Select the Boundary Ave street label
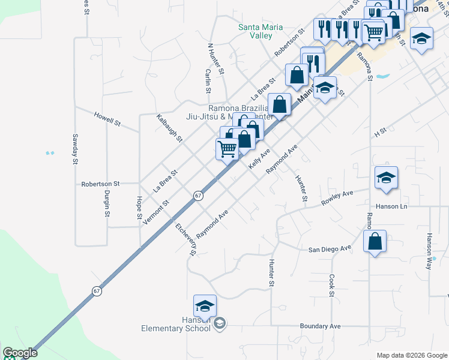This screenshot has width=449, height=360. coord(320,326)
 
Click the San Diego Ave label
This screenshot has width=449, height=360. coord(330,248)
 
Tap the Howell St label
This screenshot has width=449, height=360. coord(107,118)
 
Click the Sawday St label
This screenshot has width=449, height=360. coord(76,149)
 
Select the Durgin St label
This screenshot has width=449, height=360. coord(107,203)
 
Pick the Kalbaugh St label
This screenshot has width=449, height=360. coord(169,128)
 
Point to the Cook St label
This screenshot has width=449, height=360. coord(331,286)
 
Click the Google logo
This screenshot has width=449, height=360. coord(20,353)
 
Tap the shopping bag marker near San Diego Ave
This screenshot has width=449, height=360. coord(375,242)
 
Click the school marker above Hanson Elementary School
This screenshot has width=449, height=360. coord(205,305)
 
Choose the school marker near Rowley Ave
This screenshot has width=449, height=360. coord(387,178)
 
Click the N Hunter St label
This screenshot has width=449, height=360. coord(215,59)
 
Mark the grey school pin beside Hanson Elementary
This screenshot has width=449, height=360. coord(220,324)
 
